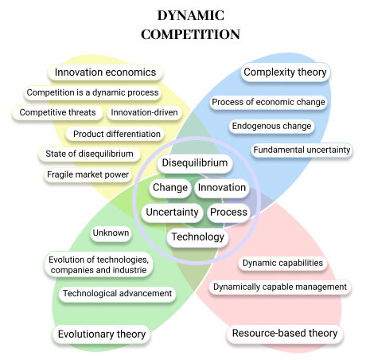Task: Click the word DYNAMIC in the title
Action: [191, 15]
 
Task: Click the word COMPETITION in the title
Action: [190, 34]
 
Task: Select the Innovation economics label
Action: [105, 72]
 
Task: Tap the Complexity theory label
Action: [285, 72]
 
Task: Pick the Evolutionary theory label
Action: [102, 334]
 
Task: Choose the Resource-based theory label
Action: [285, 333]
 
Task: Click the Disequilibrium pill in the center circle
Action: [195, 162]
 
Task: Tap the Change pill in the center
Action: [170, 187]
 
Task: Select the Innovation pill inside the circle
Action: [222, 187]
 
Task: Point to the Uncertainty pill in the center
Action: [172, 212]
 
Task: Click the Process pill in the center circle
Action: [228, 212]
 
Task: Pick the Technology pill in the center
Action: [198, 237]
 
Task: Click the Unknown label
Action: [111, 233]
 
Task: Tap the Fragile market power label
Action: [88, 174]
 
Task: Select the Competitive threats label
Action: [57, 112]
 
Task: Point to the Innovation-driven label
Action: [144, 112]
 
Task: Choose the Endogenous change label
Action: [271, 126]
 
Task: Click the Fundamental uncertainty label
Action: [302, 150]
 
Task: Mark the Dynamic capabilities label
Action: [282, 263]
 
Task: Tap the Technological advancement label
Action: [117, 293]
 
